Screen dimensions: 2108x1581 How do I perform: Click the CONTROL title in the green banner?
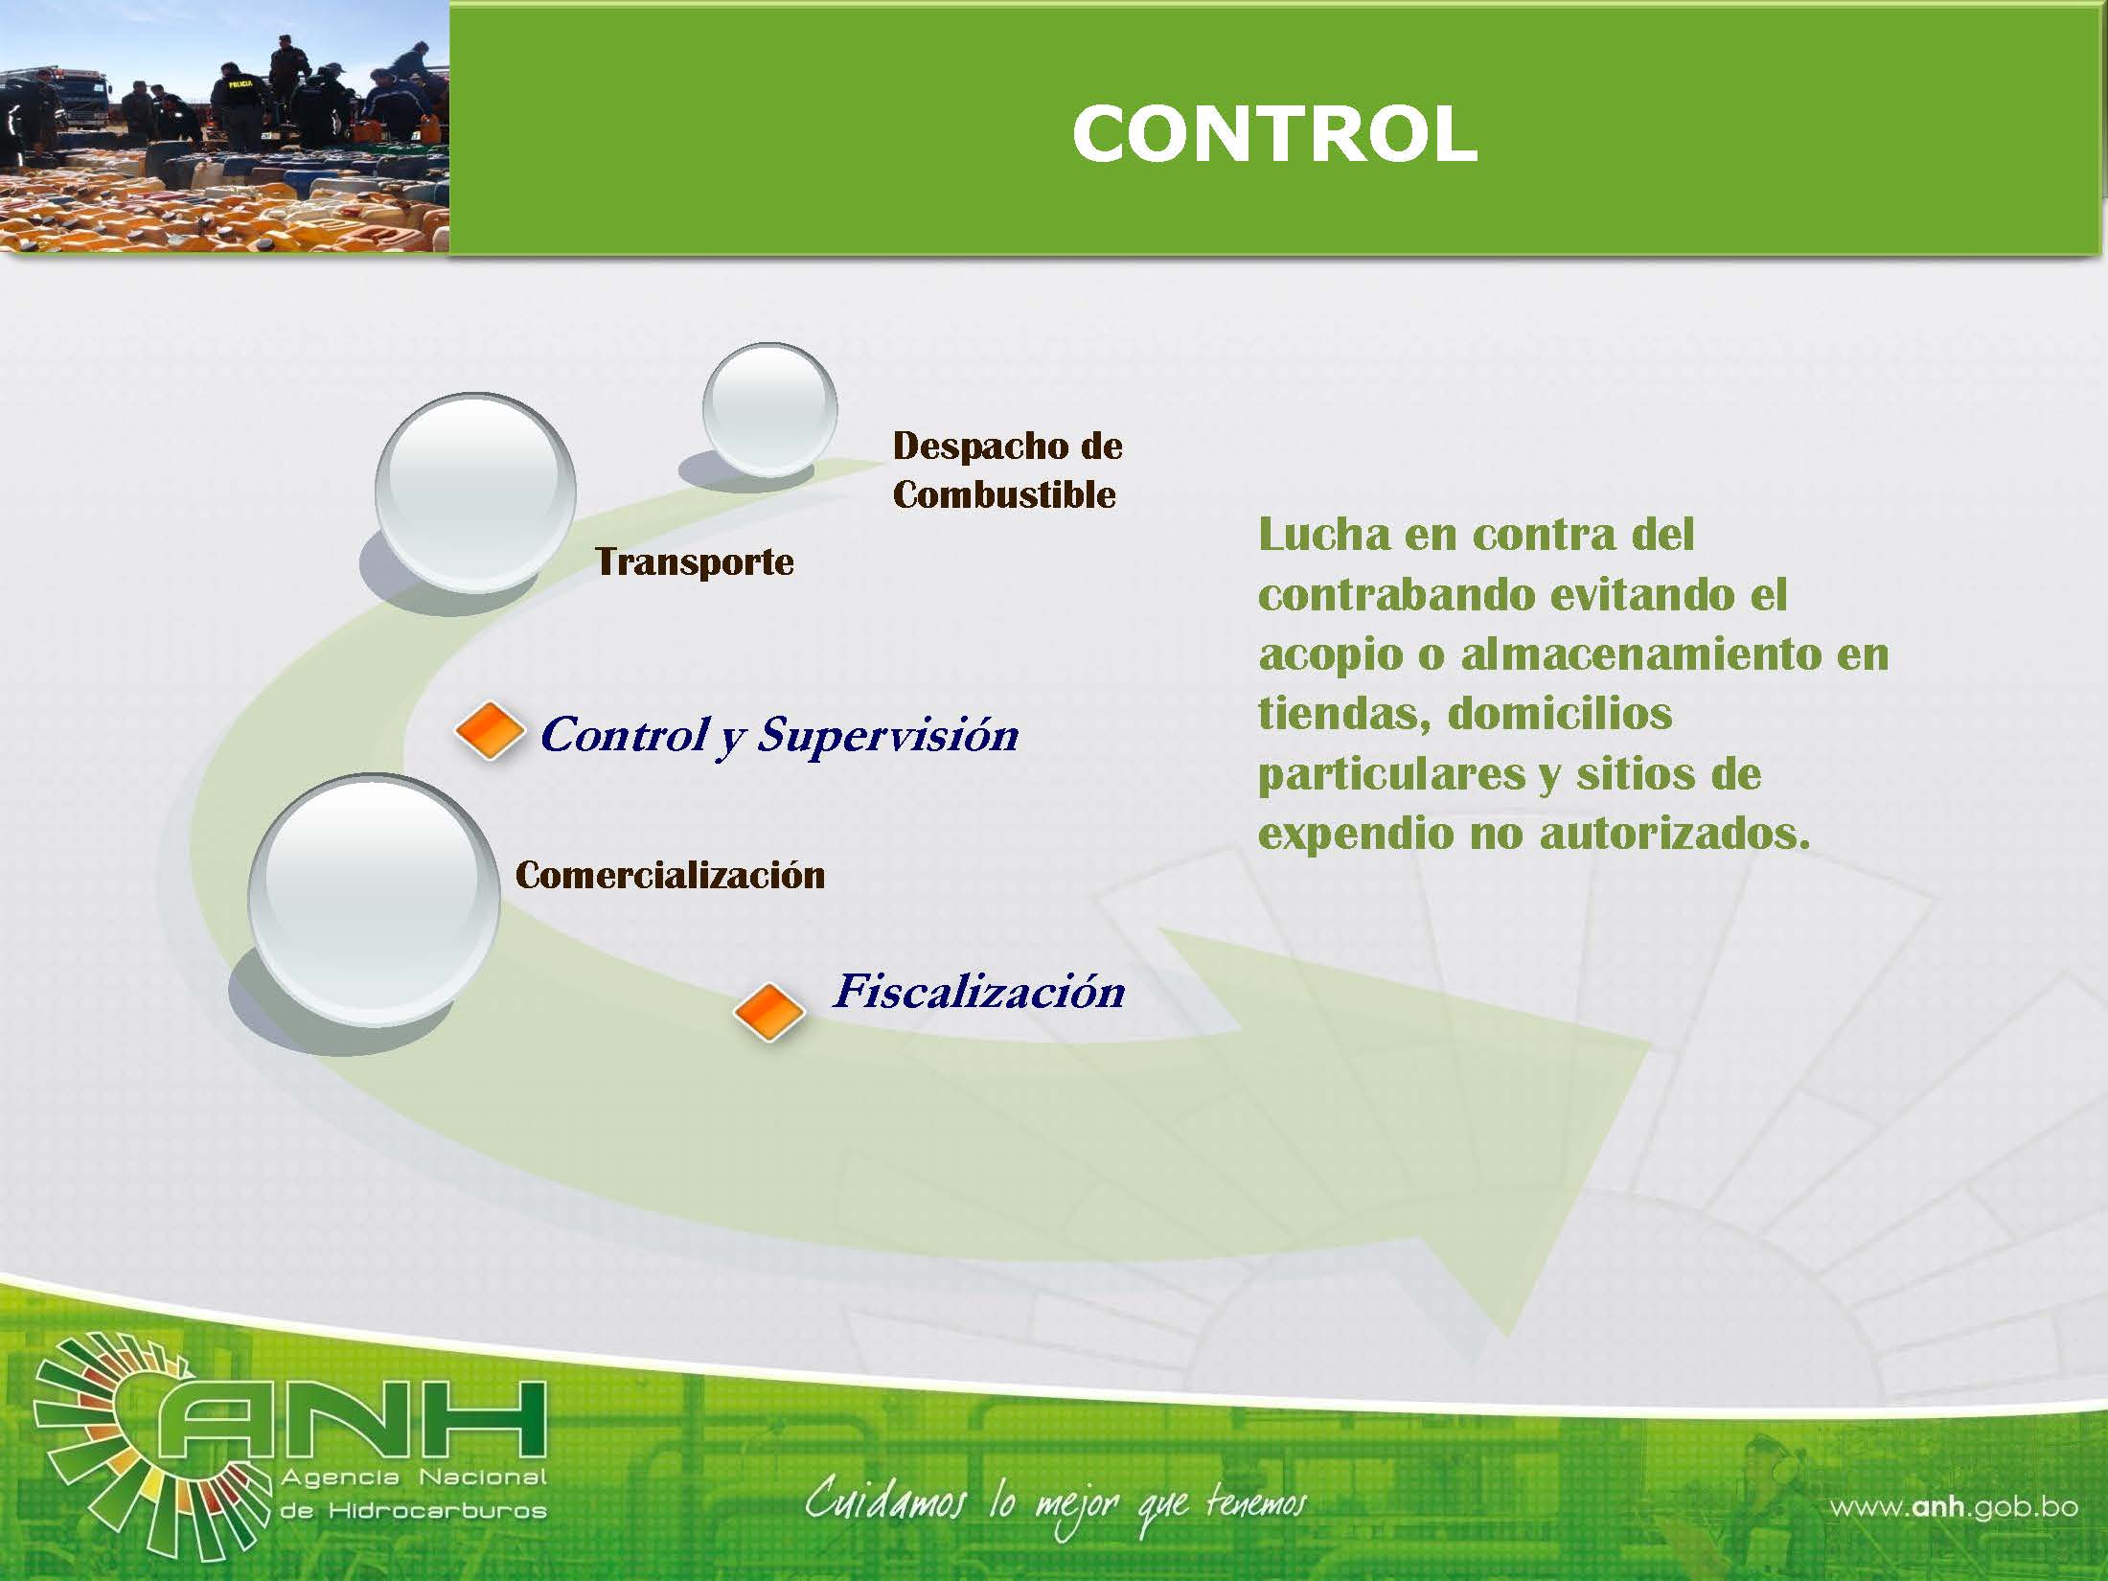pyautogui.click(x=1274, y=133)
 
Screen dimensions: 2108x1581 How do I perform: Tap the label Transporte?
pyautogui.click(x=695, y=561)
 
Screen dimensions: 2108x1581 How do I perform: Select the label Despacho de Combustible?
pyautogui.click(x=1007, y=470)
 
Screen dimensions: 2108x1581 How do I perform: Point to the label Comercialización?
pyautogui.click(x=670, y=875)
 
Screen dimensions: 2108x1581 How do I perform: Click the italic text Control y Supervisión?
pyautogui.click(x=779, y=736)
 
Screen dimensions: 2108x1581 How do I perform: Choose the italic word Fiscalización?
pyautogui.click(x=979, y=991)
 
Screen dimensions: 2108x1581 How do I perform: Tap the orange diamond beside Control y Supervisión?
pyautogui.click(x=490, y=731)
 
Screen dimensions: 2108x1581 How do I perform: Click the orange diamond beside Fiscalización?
pyautogui.click(x=768, y=1012)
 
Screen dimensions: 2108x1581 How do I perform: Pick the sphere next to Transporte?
pyautogui.click(x=475, y=492)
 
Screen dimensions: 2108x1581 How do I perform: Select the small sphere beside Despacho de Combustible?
pyautogui.click(x=770, y=409)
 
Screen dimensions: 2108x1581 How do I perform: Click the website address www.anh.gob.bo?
pyautogui.click(x=1954, y=1507)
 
